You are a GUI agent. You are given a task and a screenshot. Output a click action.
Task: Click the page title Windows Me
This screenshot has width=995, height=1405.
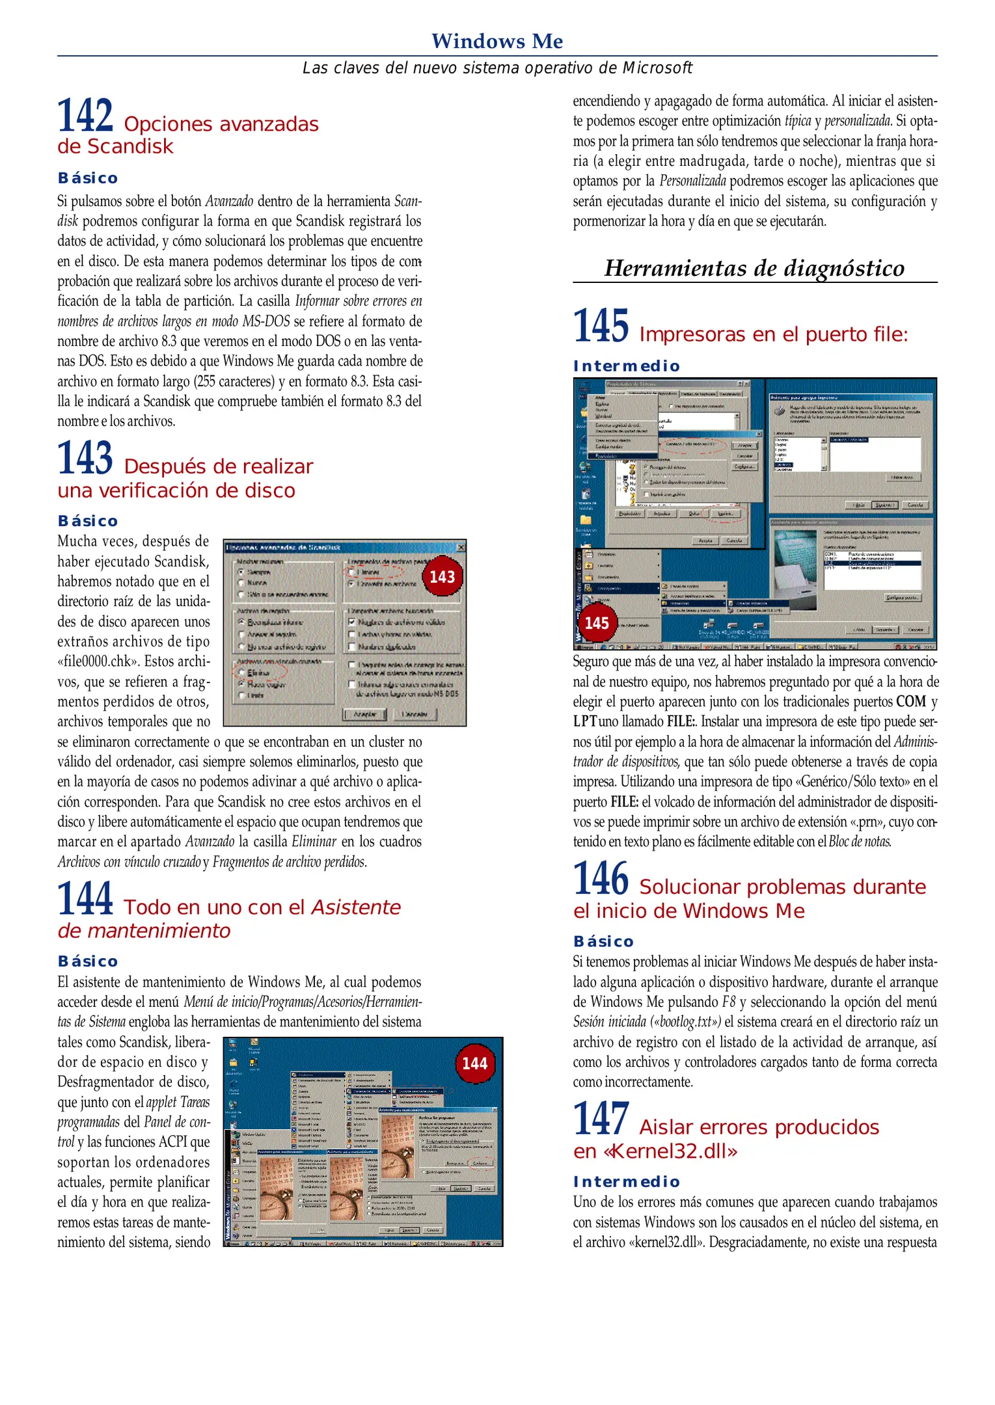pos(497,41)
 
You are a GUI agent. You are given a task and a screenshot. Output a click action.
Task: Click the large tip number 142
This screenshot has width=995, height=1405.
pos(85,116)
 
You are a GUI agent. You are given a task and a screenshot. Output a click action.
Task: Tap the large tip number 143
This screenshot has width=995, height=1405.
pos(85,459)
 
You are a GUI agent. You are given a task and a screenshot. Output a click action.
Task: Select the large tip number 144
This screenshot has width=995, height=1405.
pos(85,899)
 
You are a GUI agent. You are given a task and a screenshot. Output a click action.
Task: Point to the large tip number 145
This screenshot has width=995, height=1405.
pos(601,326)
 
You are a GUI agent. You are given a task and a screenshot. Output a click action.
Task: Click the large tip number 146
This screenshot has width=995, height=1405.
pos(601,879)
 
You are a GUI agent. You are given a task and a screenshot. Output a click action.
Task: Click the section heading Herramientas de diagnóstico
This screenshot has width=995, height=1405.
pos(754,268)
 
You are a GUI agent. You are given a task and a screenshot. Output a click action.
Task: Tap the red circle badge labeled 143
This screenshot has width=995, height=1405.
pos(443,577)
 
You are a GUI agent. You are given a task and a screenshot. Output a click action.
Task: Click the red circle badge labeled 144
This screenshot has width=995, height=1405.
pos(474,1064)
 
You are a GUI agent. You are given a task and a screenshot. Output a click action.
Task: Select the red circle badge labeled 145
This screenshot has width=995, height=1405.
pos(597,623)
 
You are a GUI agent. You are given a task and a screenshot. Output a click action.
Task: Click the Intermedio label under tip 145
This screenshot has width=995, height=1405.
pos(626,366)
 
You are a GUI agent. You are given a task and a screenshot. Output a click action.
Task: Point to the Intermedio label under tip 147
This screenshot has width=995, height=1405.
pos(626,1182)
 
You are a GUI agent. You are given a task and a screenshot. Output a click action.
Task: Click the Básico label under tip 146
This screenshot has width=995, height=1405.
pos(603,941)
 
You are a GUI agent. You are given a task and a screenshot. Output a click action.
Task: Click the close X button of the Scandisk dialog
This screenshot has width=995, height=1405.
pos(461,547)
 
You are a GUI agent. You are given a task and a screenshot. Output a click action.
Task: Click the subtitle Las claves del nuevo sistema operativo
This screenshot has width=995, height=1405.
pos(497,68)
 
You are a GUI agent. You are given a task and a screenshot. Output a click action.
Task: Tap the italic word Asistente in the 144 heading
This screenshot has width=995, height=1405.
pos(356,907)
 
